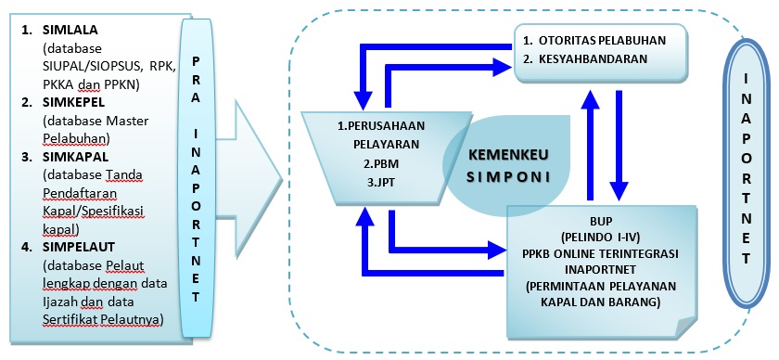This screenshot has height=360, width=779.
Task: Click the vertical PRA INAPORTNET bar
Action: [199, 176]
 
